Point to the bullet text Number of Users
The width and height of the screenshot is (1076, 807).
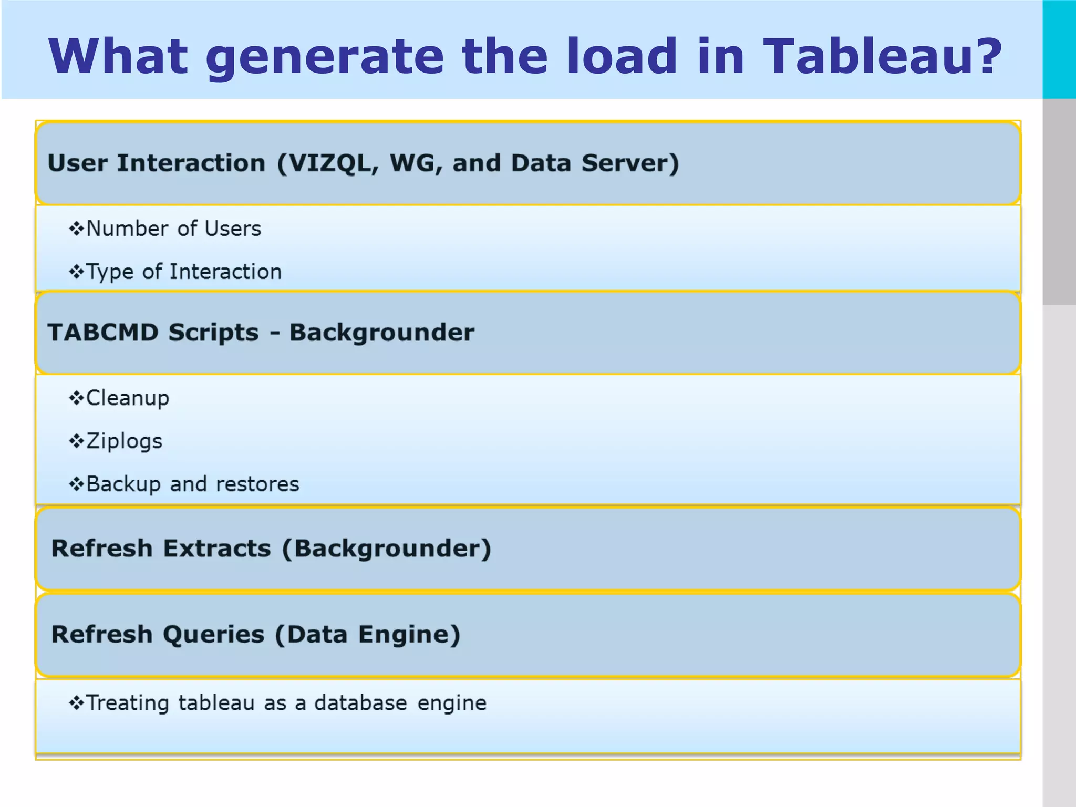[173, 229]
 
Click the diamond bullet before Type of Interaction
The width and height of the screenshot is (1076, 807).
[77, 272]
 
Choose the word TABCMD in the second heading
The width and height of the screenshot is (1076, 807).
[103, 333]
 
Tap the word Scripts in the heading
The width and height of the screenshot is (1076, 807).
[213, 333]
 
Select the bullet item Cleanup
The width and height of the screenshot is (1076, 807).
[128, 398]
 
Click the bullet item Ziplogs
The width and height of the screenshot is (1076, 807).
[124, 441]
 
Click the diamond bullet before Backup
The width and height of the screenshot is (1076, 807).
[77, 484]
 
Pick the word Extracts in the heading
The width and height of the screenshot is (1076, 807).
[217, 549]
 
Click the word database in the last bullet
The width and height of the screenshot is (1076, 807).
[360, 703]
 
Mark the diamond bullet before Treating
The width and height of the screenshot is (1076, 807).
[77, 703]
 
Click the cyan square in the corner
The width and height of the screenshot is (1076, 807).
[1059, 49]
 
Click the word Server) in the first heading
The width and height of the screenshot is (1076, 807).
[630, 163]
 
